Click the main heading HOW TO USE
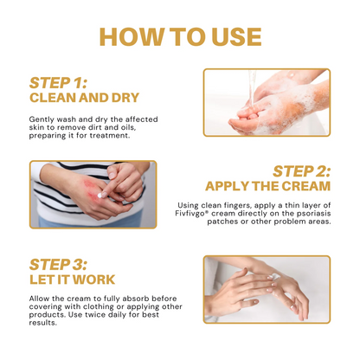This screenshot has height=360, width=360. point(180,36)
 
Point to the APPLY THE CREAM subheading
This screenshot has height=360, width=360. point(267,186)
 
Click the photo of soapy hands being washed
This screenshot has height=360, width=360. point(266,103)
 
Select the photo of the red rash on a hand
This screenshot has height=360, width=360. point(93,194)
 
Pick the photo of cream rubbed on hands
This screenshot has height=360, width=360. point(266,288)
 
